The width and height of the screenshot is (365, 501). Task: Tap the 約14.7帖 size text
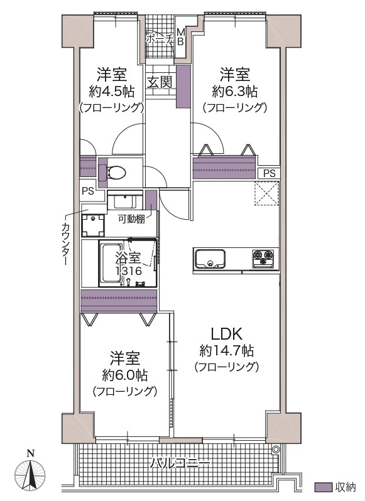226,350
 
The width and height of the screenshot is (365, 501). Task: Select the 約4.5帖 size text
112,91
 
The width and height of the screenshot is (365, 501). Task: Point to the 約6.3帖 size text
234,91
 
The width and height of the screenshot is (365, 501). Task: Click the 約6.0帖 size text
125,375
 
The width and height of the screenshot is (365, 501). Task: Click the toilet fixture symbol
116,171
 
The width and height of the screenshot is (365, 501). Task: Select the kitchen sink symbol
210,258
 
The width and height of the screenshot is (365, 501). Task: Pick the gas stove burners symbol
263,257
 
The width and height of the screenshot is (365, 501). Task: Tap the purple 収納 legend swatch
322,487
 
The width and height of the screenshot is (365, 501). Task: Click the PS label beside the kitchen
269,173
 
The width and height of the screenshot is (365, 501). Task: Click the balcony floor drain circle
275,450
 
